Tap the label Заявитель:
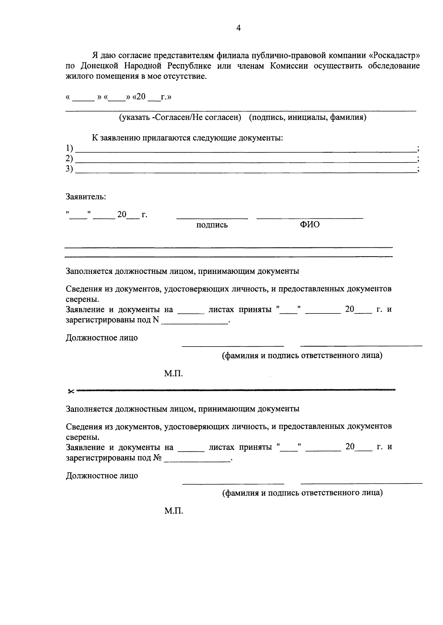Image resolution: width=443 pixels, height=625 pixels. point(86,197)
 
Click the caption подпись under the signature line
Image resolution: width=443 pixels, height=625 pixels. point(212,225)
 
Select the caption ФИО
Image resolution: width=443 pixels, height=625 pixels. point(310,225)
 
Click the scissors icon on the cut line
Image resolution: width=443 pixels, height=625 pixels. point(71,391)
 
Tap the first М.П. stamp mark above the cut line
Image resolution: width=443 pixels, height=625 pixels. point(174,374)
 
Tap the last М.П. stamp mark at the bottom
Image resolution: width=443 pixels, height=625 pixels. point(174,511)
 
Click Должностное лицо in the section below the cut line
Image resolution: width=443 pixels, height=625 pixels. point(102,476)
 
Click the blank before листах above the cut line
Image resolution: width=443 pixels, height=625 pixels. point(191,312)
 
